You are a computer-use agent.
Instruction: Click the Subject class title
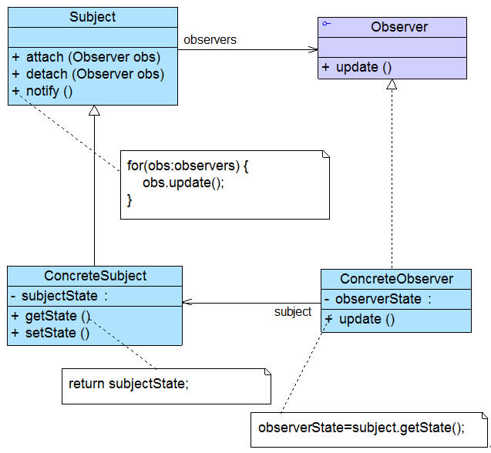[93, 17]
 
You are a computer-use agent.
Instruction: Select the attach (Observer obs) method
[94, 58]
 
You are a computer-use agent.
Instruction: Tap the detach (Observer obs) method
[95, 75]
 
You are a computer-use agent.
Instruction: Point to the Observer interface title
[399, 27]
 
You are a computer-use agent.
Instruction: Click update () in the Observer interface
[362, 67]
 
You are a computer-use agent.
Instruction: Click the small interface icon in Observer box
[327, 25]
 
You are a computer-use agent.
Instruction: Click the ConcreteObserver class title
[396, 279]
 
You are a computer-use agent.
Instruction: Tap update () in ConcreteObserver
[365, 319]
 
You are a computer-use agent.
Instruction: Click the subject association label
[293, 312]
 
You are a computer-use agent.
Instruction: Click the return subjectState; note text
[128, 384]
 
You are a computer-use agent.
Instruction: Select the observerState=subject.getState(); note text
[362, 428]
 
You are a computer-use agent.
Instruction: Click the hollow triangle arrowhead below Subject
[94, 111]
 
